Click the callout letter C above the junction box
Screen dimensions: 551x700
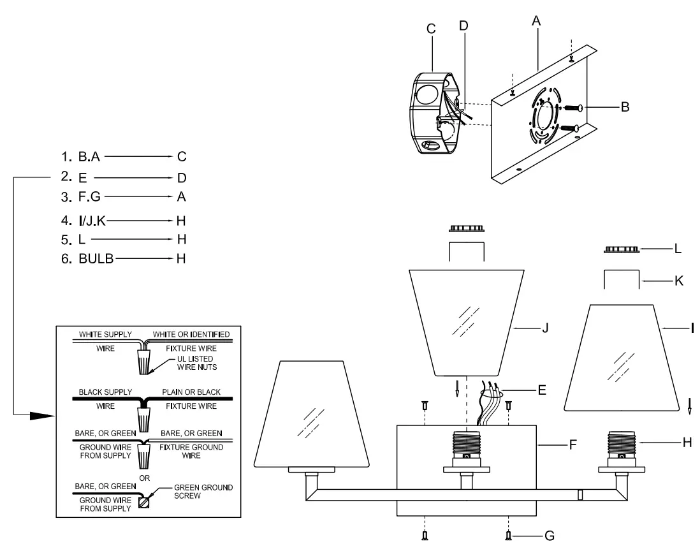tap(432, 28)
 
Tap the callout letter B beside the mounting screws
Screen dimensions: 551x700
tap(625, 107)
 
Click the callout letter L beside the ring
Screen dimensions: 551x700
tap(678, 250)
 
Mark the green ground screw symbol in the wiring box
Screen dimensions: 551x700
tap(144, 501)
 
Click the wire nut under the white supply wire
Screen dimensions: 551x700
tap(144, 362)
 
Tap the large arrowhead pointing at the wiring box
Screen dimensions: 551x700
tap(41, 415)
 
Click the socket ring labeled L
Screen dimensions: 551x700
tap(620, 249)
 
